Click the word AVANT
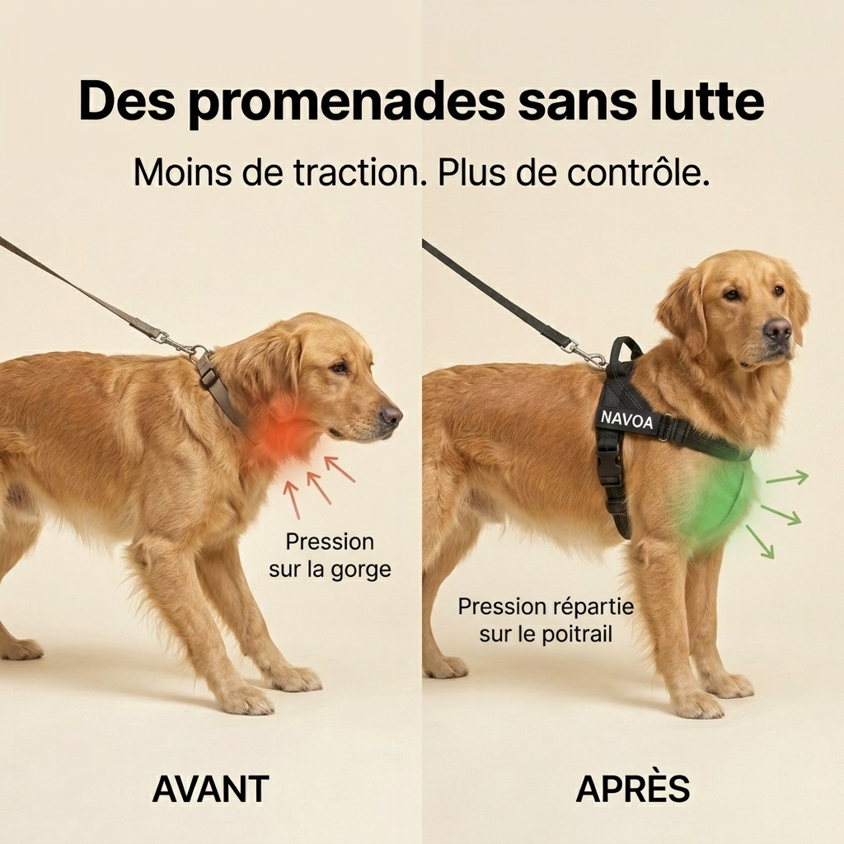(210, 789)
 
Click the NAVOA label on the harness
(626, 419)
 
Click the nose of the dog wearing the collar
(390, 415)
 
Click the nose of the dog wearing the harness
(778, 329)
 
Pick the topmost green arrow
(787, 477)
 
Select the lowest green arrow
(760, 541)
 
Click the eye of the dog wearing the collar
(339, 368)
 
